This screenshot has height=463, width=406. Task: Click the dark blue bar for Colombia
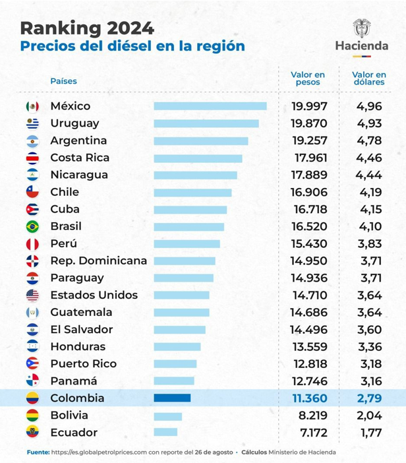pyautogui.click(x=172, y=398)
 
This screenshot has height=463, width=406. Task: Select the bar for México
pyautogui.click(x=210, y=106)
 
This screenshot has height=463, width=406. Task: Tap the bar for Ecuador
pyautogui.click(x=165, y=432)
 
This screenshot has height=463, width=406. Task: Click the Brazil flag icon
pyautogui.click(x=32, y=226)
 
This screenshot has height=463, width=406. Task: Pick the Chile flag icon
pyautogui.click(x=32, y=192)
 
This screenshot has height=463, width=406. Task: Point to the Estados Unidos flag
pyautogui.click(x=32, y=295)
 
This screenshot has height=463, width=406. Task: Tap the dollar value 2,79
pyautogui.click(x=370, y=398)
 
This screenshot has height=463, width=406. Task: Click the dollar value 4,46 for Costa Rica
pyautogui.click(x=370, y=158)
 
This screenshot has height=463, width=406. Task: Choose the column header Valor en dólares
pyautogui.click(x=369, y=79)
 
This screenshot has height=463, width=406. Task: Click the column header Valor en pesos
pyautogui.click(x=308, y=79)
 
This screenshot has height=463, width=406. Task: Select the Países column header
pyautogui.click(x=63, y=81)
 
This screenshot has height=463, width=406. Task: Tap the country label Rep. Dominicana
pyautogui.click(x=98, y=261)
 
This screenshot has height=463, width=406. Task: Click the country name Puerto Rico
pyautogui.click(x=83, y=363)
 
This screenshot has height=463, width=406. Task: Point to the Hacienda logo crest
pyautogui.click(x=362, y=29)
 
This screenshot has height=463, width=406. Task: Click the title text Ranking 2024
pyautogui.click(x=87, y=28)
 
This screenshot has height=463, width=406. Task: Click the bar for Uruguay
pyautogui.click(x=206, y=123)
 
